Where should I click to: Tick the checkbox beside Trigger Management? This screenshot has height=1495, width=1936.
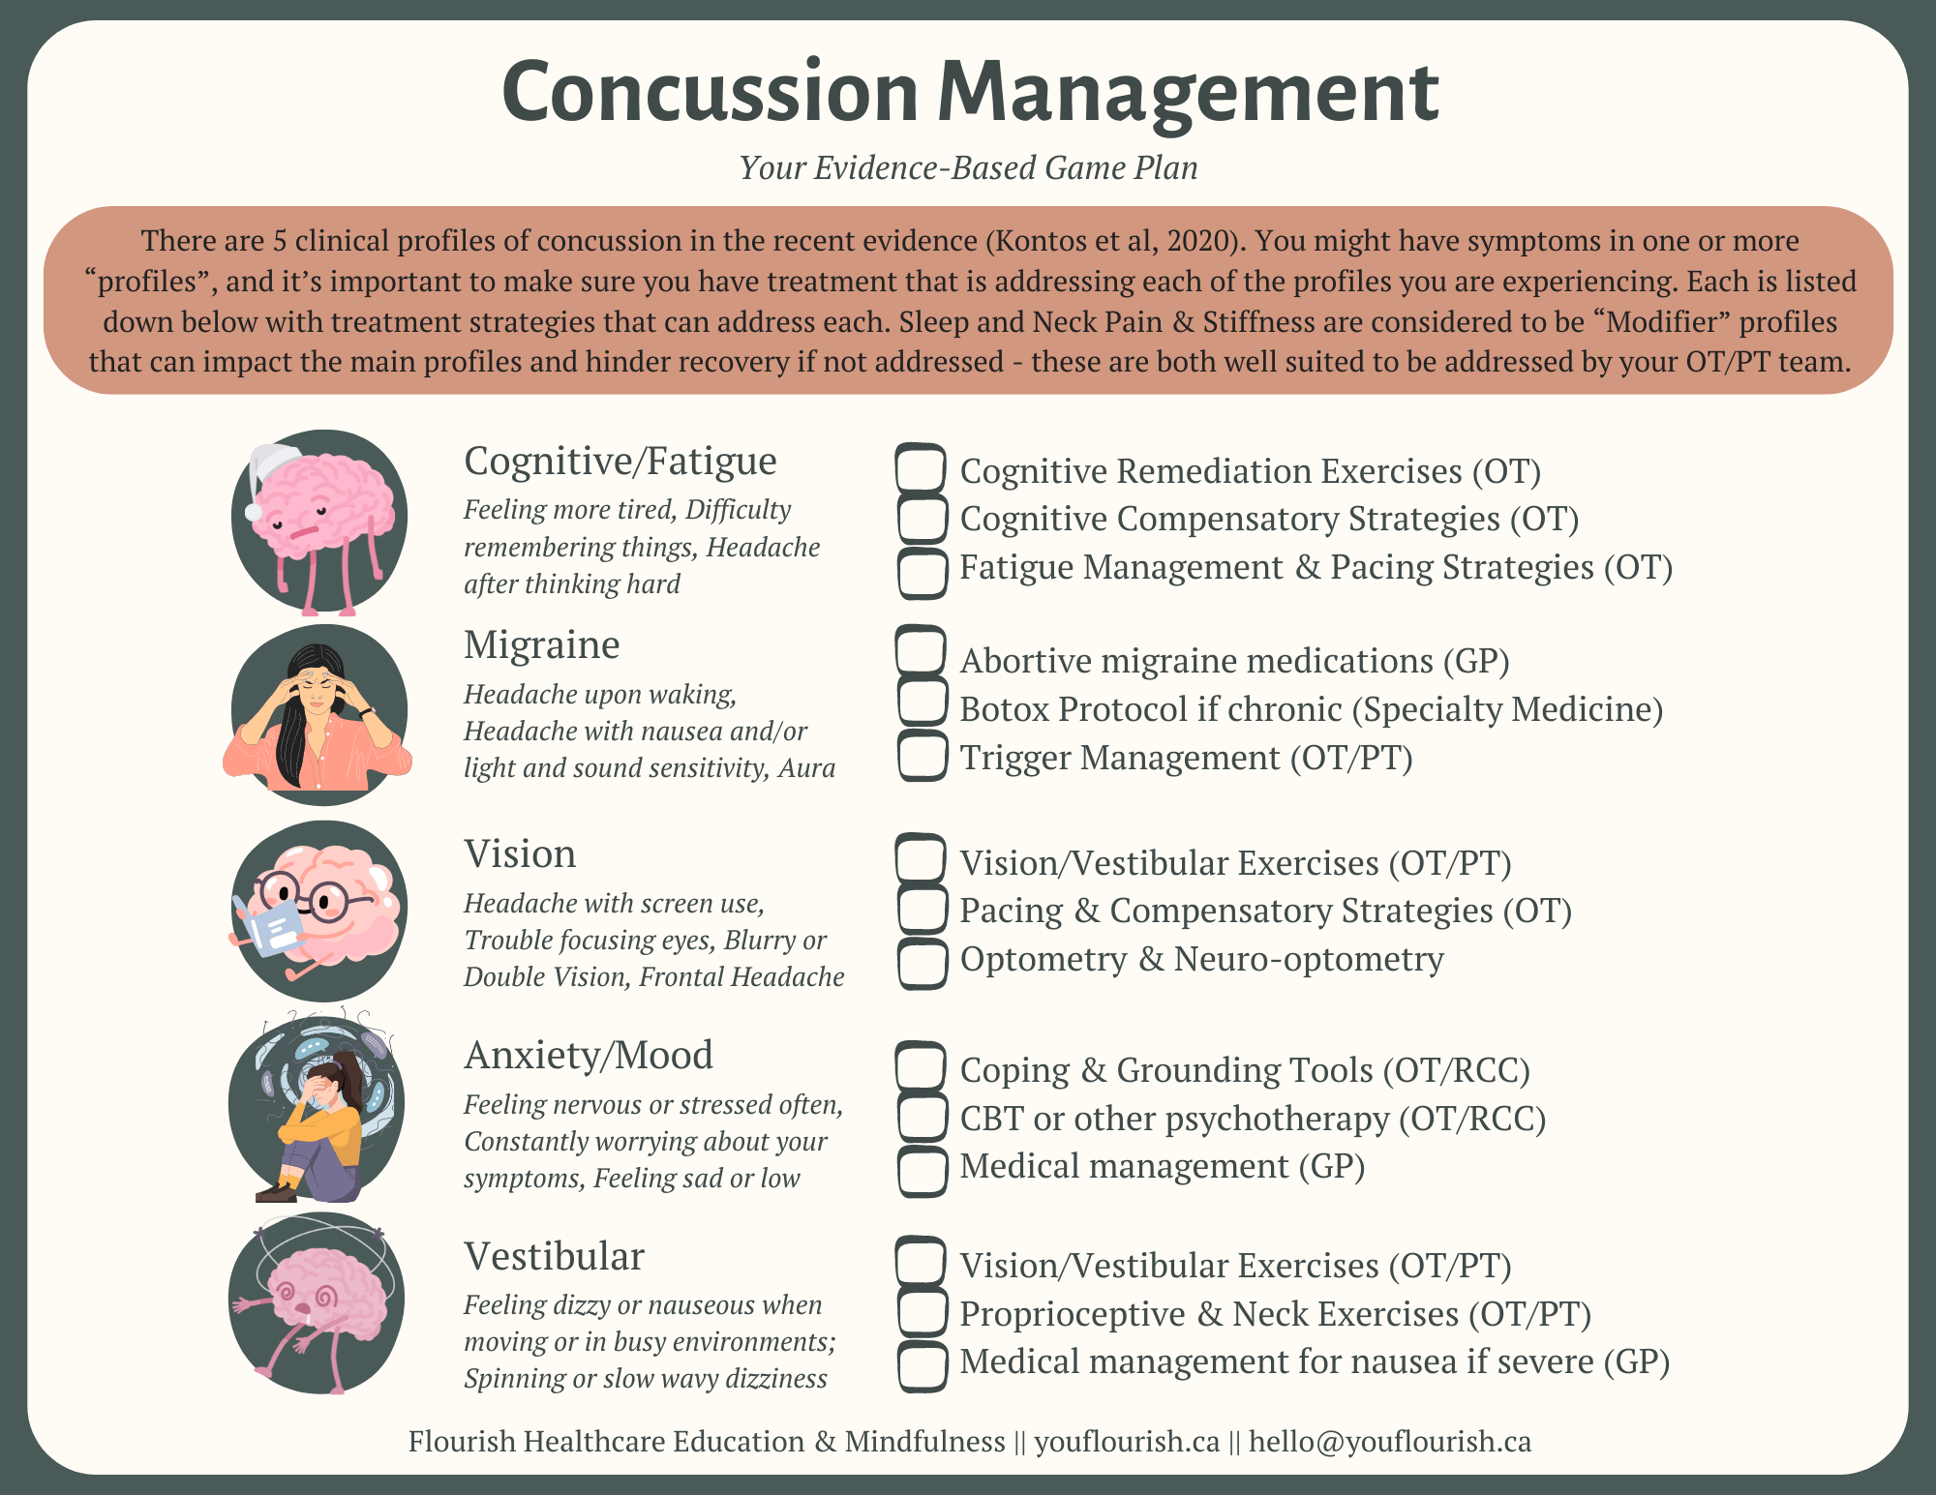tap(922, 756)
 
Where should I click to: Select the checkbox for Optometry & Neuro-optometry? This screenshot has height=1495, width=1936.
tap(922, 963)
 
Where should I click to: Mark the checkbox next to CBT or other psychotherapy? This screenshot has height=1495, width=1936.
tap(922, 1118)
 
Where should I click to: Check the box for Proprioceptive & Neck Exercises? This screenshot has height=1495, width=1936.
tap(922, 1313)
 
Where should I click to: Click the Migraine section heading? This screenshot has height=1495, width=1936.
tap(541, 645)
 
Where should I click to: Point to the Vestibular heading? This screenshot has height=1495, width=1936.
tap(554, 1257)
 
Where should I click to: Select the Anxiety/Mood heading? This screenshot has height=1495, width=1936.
tap(589, 1055)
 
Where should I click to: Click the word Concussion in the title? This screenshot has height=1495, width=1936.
tap(710, 93)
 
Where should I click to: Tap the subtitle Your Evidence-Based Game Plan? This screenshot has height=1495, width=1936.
tap(968, 168)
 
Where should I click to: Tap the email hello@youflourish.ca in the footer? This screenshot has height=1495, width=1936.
tap(1389, 1442)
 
